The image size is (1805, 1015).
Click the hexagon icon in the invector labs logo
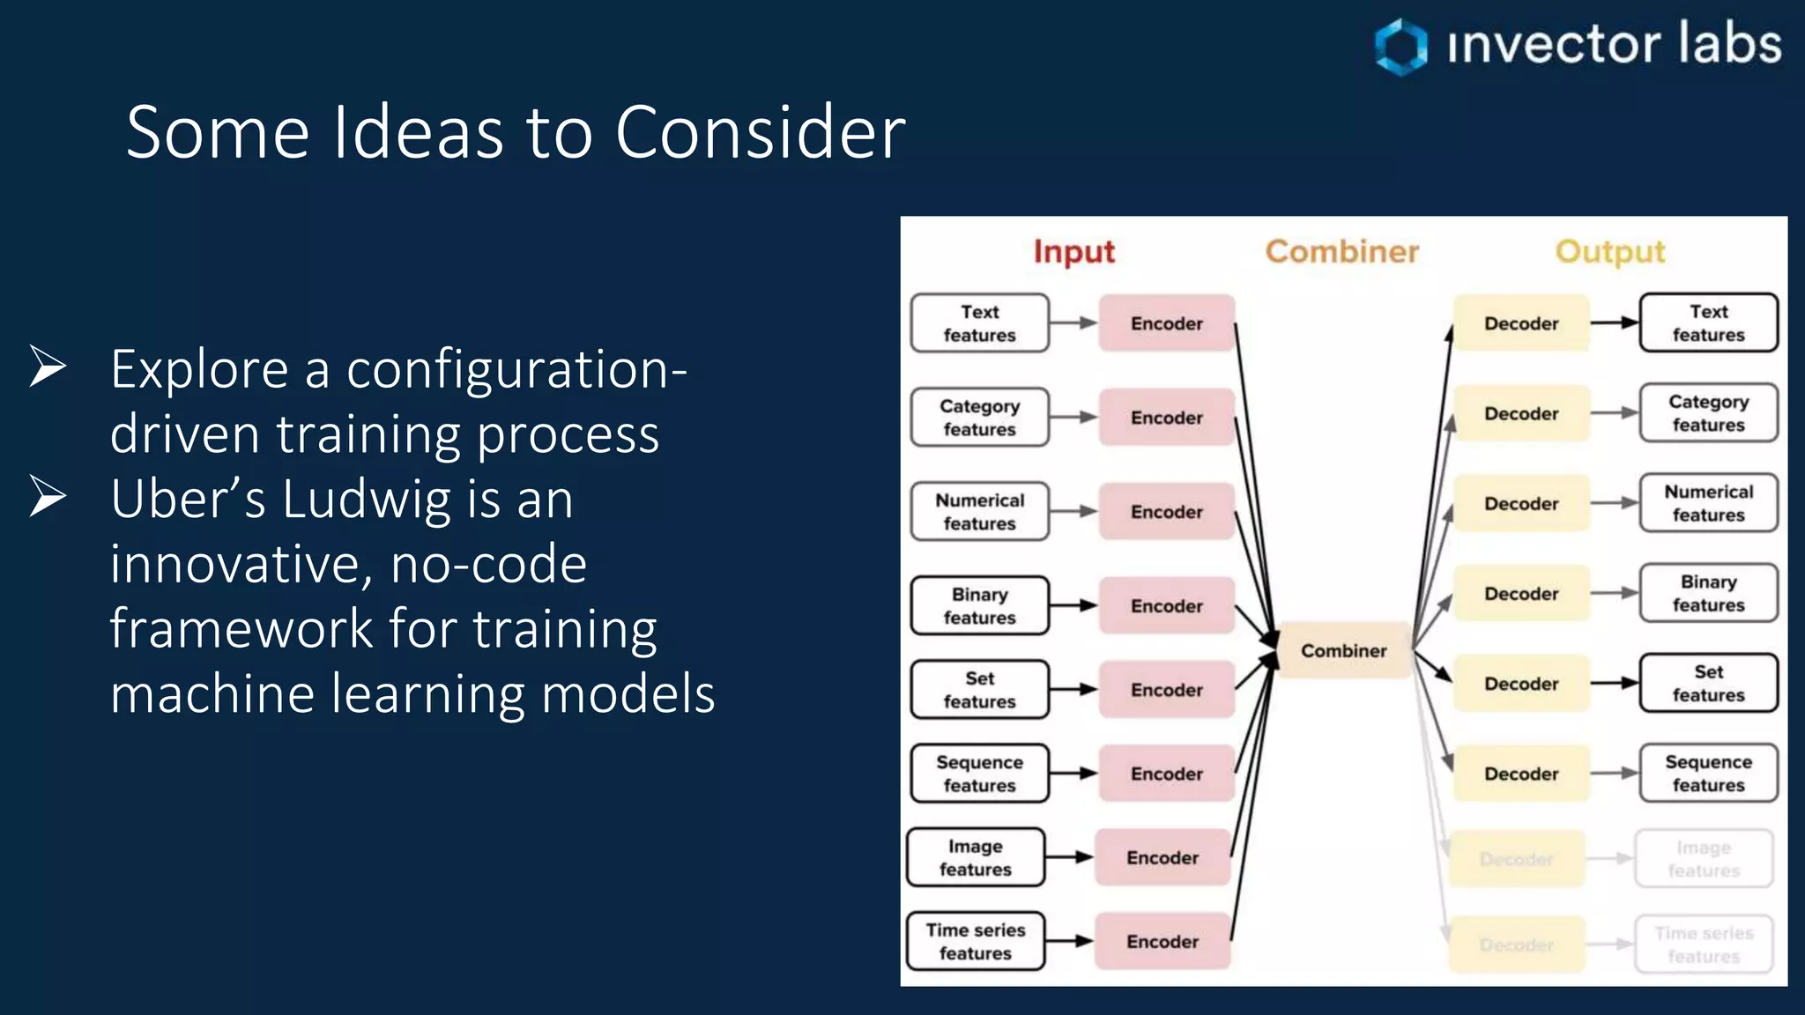1401,46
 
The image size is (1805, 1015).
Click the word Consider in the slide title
760,132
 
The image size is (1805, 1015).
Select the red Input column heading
1073,252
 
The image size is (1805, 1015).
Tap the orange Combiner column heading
1341,252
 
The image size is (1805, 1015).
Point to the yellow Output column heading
1609,252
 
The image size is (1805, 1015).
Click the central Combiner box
1343,650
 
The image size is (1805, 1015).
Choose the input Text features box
979,323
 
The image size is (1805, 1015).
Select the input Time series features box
975,941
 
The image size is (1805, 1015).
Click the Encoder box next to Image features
1162,857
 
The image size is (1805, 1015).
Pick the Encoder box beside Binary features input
1166,606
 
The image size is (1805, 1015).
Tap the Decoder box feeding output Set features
1520,684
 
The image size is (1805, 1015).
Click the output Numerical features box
1707,503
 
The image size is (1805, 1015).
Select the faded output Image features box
1703,859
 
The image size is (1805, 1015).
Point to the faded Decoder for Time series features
1516,945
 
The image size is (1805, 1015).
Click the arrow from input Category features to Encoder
1073,418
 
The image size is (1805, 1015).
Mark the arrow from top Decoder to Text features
1613,323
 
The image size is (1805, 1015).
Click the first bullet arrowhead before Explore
48,367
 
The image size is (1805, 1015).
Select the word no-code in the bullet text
488,564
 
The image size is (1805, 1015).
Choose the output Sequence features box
1707,774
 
